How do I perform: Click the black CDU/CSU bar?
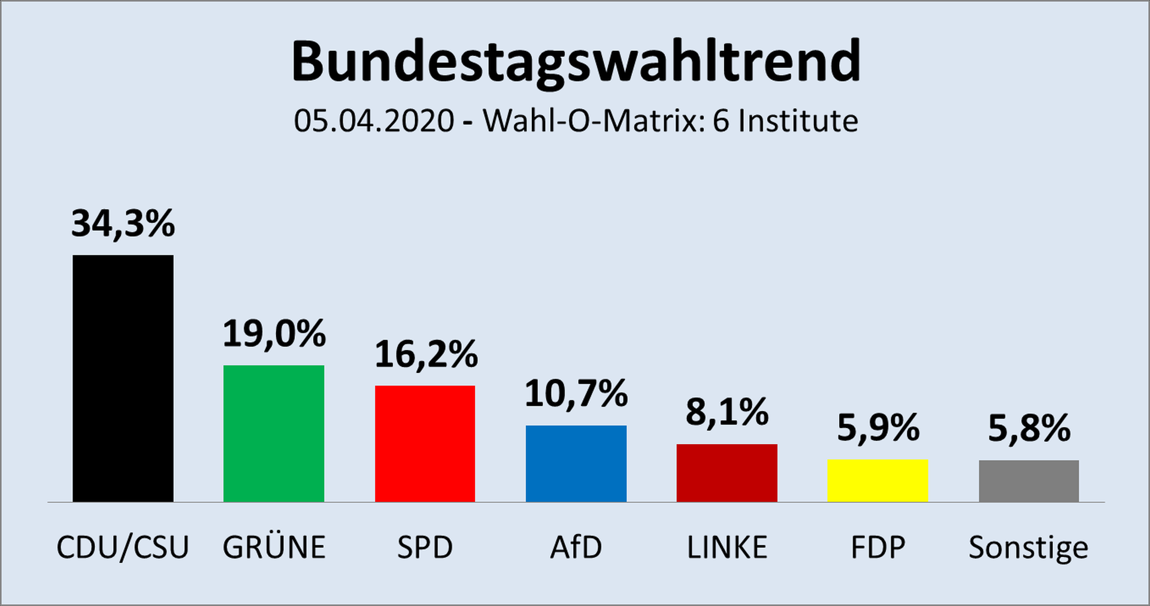point(123,378)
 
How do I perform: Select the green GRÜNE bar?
point(274,433)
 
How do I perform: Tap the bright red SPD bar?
point(425,444)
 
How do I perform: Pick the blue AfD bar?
point(576,463)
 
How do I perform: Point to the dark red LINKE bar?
point(727,473)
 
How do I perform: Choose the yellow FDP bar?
point(877,481)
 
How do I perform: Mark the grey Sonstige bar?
point(1028,481)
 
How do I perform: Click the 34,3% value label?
point(123,224)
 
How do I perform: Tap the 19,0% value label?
point(274,333)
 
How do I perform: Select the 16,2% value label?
point(426,354)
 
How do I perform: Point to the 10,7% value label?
point(576,394)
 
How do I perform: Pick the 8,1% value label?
point(727,412)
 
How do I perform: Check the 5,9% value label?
point(877,428)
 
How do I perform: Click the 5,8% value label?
point(1028,429)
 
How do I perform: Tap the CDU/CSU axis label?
point(123,547)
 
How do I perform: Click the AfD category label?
point(576,547)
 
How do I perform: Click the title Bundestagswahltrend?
point(576,62)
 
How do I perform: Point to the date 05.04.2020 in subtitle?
point(374,121)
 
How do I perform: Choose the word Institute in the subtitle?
point(798,121)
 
